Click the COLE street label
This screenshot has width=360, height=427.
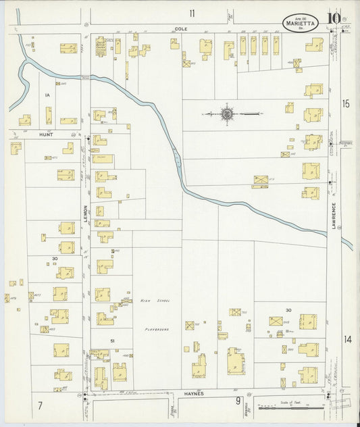(x=180, y=29)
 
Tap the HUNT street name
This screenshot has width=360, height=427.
(x=45, y=135)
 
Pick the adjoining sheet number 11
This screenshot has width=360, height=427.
(x=192, y=13)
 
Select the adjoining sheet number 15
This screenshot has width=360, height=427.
(x=346, y=103)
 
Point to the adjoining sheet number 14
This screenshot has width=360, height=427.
(x=347, y=339)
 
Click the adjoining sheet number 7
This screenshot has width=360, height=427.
(x=41, y=405)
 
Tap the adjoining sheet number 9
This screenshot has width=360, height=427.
(x=238, y=401)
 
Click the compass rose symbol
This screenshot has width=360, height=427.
(x=226, y=114)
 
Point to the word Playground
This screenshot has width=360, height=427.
(x=155, y=329)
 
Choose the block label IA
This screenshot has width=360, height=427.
(x=47, y=95)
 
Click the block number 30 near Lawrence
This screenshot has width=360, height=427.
(x=288, y=310)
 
